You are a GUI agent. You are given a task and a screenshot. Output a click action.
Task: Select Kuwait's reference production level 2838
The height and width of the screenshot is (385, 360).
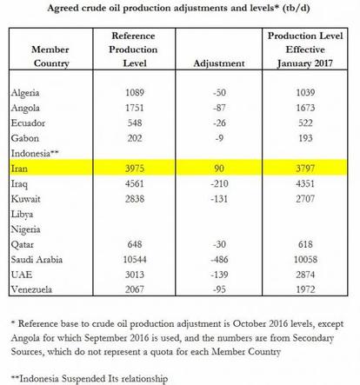coord(135,198)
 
